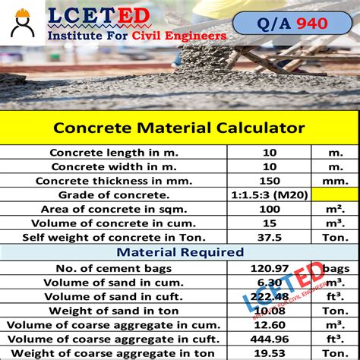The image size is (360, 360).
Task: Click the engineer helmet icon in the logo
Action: point(24,24)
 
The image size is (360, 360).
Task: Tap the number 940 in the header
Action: point(313,23)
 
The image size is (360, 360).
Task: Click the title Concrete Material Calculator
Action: point(179,128)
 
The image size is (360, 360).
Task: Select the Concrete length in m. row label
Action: point(113,152)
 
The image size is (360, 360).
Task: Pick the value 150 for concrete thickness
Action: point(269,181)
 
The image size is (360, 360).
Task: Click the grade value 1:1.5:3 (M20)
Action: point(269,195)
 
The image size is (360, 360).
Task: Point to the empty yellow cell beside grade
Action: point(334,195)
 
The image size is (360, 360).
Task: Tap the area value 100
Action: point(269,210)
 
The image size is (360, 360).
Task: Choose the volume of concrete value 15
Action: point(269,223)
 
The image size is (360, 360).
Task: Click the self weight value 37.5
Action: point(269,238)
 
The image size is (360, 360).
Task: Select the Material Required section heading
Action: point(179,252)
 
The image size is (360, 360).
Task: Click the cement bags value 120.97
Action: point(269,267)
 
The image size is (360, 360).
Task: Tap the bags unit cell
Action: point(335,267)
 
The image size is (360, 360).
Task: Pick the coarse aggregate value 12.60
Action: point(269,324)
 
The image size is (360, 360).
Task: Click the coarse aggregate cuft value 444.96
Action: point(269,339)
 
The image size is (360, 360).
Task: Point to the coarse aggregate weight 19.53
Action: point(269,353)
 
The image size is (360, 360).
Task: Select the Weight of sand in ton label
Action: point(113,310)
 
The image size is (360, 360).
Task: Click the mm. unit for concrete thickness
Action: point(335,181)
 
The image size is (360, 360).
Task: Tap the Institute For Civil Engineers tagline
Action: point(137,35)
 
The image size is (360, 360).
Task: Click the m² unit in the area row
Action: point(335,210)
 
